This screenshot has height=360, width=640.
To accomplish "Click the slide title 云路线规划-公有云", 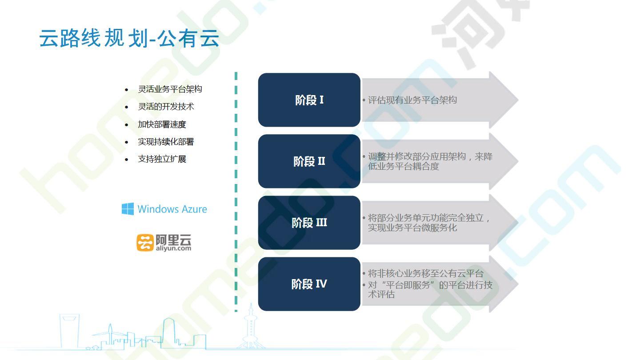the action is [x=129, y=38].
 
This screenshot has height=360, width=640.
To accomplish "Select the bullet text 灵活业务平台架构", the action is [x=170, y=89].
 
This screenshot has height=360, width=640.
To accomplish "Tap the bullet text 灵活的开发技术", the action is [x=166, y=107].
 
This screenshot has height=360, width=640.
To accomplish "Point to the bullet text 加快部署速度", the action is [x=162, y=124].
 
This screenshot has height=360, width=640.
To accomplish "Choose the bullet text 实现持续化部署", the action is [x=166, y=142].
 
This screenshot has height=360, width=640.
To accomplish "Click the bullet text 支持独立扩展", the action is [x=162, y=159].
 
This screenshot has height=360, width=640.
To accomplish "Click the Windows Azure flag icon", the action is [x=128, y=209].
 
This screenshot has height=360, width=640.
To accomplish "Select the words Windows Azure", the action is [x=172, y=209].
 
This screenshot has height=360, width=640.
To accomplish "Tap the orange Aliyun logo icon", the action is [x=145, y=243].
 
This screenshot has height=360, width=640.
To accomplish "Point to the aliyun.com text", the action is [x=173, y=248].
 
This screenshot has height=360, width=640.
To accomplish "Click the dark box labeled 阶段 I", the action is [x=309, y=100].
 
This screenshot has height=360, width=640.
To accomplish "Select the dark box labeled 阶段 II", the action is [x=309, y=161].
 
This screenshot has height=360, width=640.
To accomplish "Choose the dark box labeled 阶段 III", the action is [x=309, y=223].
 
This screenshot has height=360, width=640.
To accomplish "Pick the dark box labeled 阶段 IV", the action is [x=309, y=284].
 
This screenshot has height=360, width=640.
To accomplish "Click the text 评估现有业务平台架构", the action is [x=412, y=100].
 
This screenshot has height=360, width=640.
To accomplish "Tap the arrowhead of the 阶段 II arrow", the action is [x=503, y=161].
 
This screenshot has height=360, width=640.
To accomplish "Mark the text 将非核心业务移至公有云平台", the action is [x=426, y=273].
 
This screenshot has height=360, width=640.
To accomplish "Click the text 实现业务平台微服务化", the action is [x=412, y=228].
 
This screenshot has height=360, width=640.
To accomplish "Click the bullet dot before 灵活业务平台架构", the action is [x=127, y=90].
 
